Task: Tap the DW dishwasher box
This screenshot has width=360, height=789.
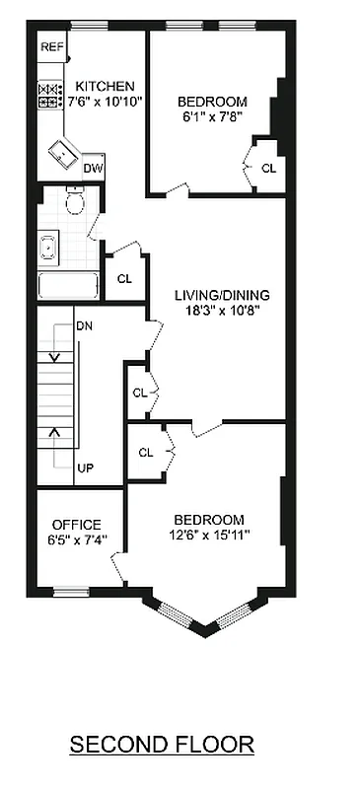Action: pyautogui.click(x=94, y=169)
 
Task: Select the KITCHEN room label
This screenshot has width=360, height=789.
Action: pyautogui.click(x=105, y=87)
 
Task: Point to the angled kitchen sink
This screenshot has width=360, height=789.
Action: pyautogui.click(x=67, y=154)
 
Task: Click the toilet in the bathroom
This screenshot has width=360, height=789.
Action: pyautogui.click(x=75, y=201)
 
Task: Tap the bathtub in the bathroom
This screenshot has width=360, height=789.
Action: pyautogui.click(x=68, y=286)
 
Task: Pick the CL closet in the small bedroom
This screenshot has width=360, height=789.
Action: pyautogui.click(x=268, y=169)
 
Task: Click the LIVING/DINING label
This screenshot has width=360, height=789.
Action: pyautogui.click(x=222, y=295)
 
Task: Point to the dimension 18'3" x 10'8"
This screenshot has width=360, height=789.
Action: pyautogui.click(x=222, y=311)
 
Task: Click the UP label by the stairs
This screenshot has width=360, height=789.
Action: pyautogui.click(x=85, y=467)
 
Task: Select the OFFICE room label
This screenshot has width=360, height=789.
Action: pyautogui.click(x=76, y=524)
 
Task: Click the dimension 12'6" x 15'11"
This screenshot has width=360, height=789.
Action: pyautogui.click(x=208, y=536)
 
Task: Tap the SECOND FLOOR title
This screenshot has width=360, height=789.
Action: pyautogui.click(x=162, y=744)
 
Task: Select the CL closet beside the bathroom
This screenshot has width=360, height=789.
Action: pyautogui.click(x=123, y=278)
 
